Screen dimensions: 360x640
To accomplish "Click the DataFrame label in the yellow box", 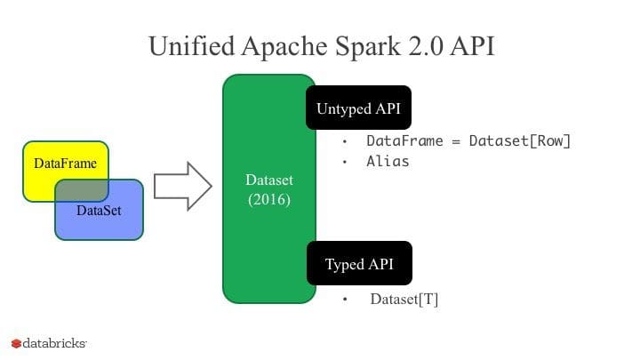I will point(65,164).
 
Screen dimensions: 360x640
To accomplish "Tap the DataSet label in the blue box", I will point(99,211).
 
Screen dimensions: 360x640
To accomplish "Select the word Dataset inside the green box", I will point(268,180).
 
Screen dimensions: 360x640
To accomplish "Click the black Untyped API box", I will point(359,108).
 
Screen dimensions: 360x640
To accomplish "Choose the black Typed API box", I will point(359,264).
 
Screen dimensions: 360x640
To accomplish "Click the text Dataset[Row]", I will point(519,141).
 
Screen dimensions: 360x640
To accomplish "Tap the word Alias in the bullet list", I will point(388,162).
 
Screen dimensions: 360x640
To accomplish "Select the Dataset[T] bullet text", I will point(404,300).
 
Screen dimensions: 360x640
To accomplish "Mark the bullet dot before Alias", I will point(345,162).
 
